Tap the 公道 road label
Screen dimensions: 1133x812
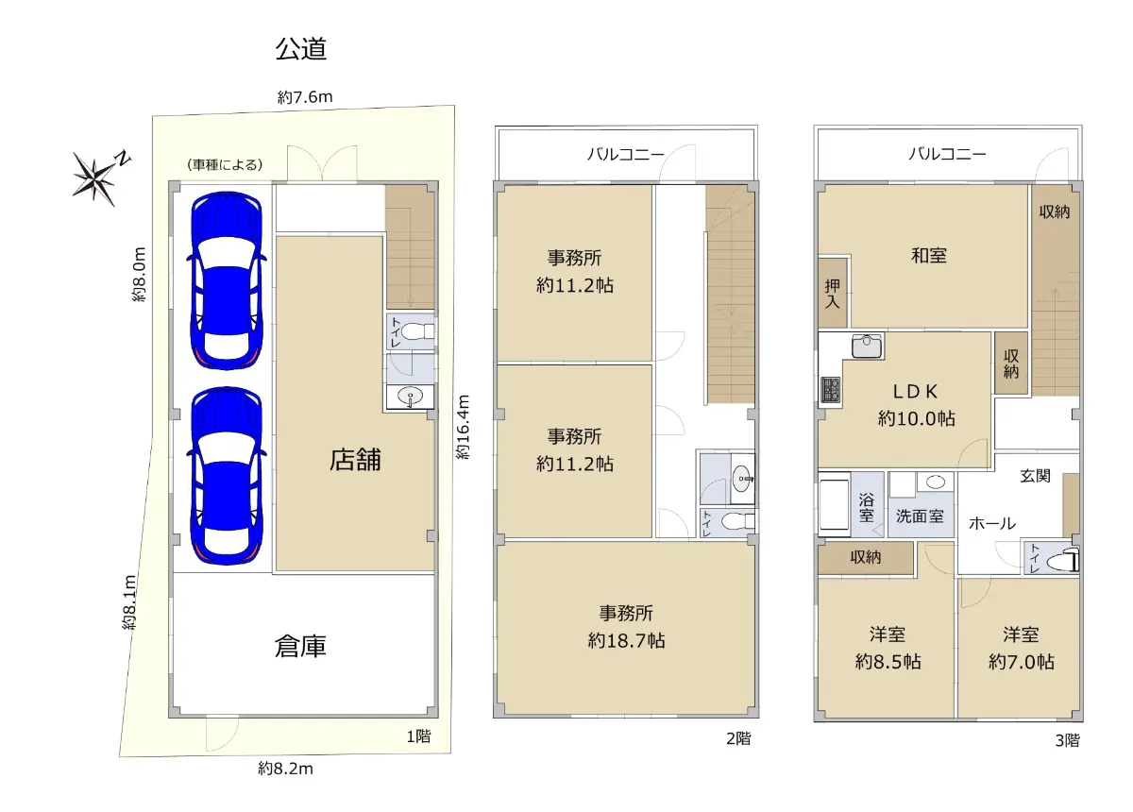tap(301, 50)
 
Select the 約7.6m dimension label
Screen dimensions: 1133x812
tap(305, 96)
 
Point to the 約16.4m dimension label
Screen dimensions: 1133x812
tap(464, 427)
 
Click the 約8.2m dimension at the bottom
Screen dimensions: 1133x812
tap(286, 769)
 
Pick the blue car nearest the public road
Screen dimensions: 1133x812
tap(227, 279)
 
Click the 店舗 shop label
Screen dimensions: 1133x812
tap(355, 460)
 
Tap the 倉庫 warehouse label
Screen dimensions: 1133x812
tap(300, 647)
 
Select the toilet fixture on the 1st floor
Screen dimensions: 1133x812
tap(417, 331)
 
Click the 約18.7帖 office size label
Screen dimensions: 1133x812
tap(626, 641)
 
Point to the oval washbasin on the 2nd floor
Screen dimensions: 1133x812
tap(742, 479)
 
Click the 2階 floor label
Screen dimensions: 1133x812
tap(738, 738)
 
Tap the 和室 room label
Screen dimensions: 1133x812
tap(929, 256)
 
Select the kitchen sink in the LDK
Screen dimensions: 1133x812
tap(867, 347)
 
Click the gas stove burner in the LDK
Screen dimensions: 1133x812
tap(831, 390)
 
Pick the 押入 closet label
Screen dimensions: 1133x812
tap(832, 294)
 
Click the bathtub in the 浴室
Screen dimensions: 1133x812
tap(834, 504)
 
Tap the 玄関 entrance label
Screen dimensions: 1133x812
tap(1035, 476)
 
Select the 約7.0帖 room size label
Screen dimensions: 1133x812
tap(1022, 662)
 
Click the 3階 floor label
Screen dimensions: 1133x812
tap(1067, 740)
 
